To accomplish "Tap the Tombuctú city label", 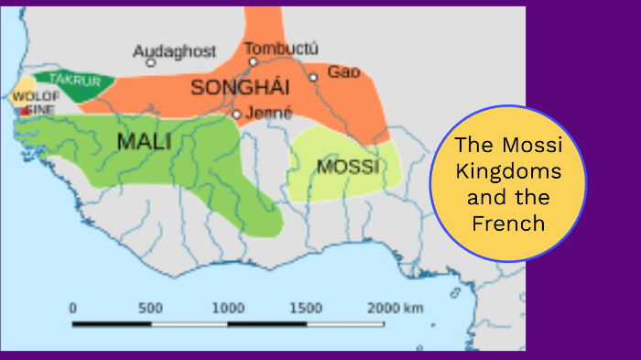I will pyautogui.click(x=280, y=48).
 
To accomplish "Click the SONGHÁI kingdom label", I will pyautogui.click(x=240, y=88).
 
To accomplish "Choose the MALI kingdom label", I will pyautogui.click(x=145, y=141).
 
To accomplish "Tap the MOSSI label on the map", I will pyautogui.click(x=347, y=167).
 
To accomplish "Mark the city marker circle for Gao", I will pyautogui.click(x=313, y=77).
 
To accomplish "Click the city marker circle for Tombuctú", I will pyautogui.click(x=253, y=61).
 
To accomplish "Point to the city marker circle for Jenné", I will pyautogui.click(x=236, y=115).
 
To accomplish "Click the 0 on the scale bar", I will pyautogui.click(x=72, y=308).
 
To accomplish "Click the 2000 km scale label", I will pyautogui.click(x=396, y=308).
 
